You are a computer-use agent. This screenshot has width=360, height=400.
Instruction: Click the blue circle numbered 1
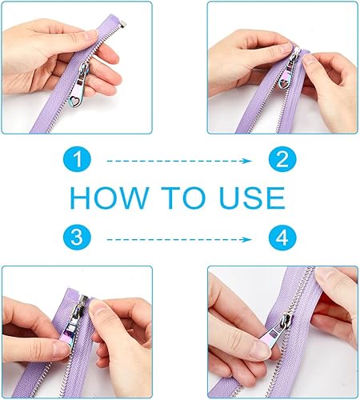click(x=77, y=159)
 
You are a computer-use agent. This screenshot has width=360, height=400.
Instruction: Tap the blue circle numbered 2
click(x=282, y=159)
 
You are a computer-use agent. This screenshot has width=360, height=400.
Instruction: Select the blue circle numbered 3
click(x=77, y=238)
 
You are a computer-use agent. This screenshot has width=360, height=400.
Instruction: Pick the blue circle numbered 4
click(x=282, y=238)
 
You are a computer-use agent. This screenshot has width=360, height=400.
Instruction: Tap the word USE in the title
click(x=252, y=198)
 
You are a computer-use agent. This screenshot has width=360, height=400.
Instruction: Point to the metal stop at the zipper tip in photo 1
click(x=123, y=25)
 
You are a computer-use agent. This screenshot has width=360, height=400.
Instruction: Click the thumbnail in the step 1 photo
click(x=92, y=34)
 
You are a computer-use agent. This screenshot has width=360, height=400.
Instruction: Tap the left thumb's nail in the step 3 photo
click(x=61, y=349)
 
